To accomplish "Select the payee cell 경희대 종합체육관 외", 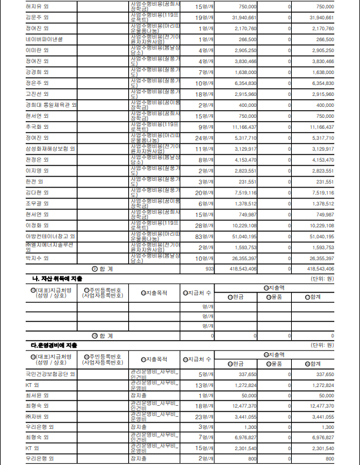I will pos(52,104).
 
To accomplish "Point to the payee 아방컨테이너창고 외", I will pos(50,236).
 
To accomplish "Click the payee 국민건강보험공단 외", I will pos(50,374).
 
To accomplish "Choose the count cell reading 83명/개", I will pos(205,236).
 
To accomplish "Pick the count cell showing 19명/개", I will pos(205,17).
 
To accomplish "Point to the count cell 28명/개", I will pos(205,225).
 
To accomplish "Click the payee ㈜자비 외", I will pos(38,417).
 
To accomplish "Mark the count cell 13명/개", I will pos(205,384).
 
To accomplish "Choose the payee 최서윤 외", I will pos(37,395).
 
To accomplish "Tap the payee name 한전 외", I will pos(35,181).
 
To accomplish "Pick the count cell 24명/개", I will pos(205,137).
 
